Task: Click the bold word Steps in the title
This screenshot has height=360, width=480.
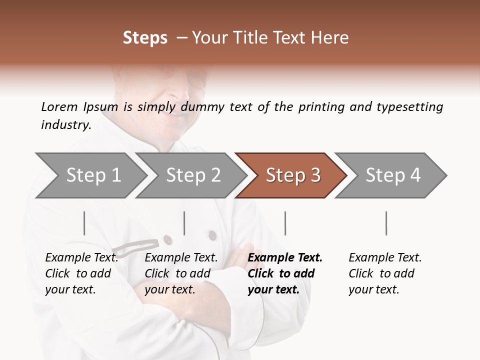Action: pyautogui.click(x=145, y=38)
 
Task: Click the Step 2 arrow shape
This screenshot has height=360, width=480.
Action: pyautogui.click(x=192, y=175)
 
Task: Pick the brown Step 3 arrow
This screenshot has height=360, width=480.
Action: pyautogui.click(x=292, y=175)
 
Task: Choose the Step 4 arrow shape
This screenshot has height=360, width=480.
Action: pyautogui.click(x=392, y=175)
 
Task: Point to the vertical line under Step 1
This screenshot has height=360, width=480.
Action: pyautogui.click(x=84, y=223)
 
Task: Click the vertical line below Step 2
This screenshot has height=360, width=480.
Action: pyautogui.click(x=184, y=223)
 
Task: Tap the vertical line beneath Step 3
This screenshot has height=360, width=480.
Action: pyautogui.click(x=285, y=223)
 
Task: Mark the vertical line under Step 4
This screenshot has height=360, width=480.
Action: pyautogui.click(x=386, y=223)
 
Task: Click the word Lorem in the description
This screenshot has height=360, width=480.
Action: pyautogui.click(x=59, y=106)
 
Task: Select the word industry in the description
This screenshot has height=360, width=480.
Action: pyautogui.click(x=65, y=125)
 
